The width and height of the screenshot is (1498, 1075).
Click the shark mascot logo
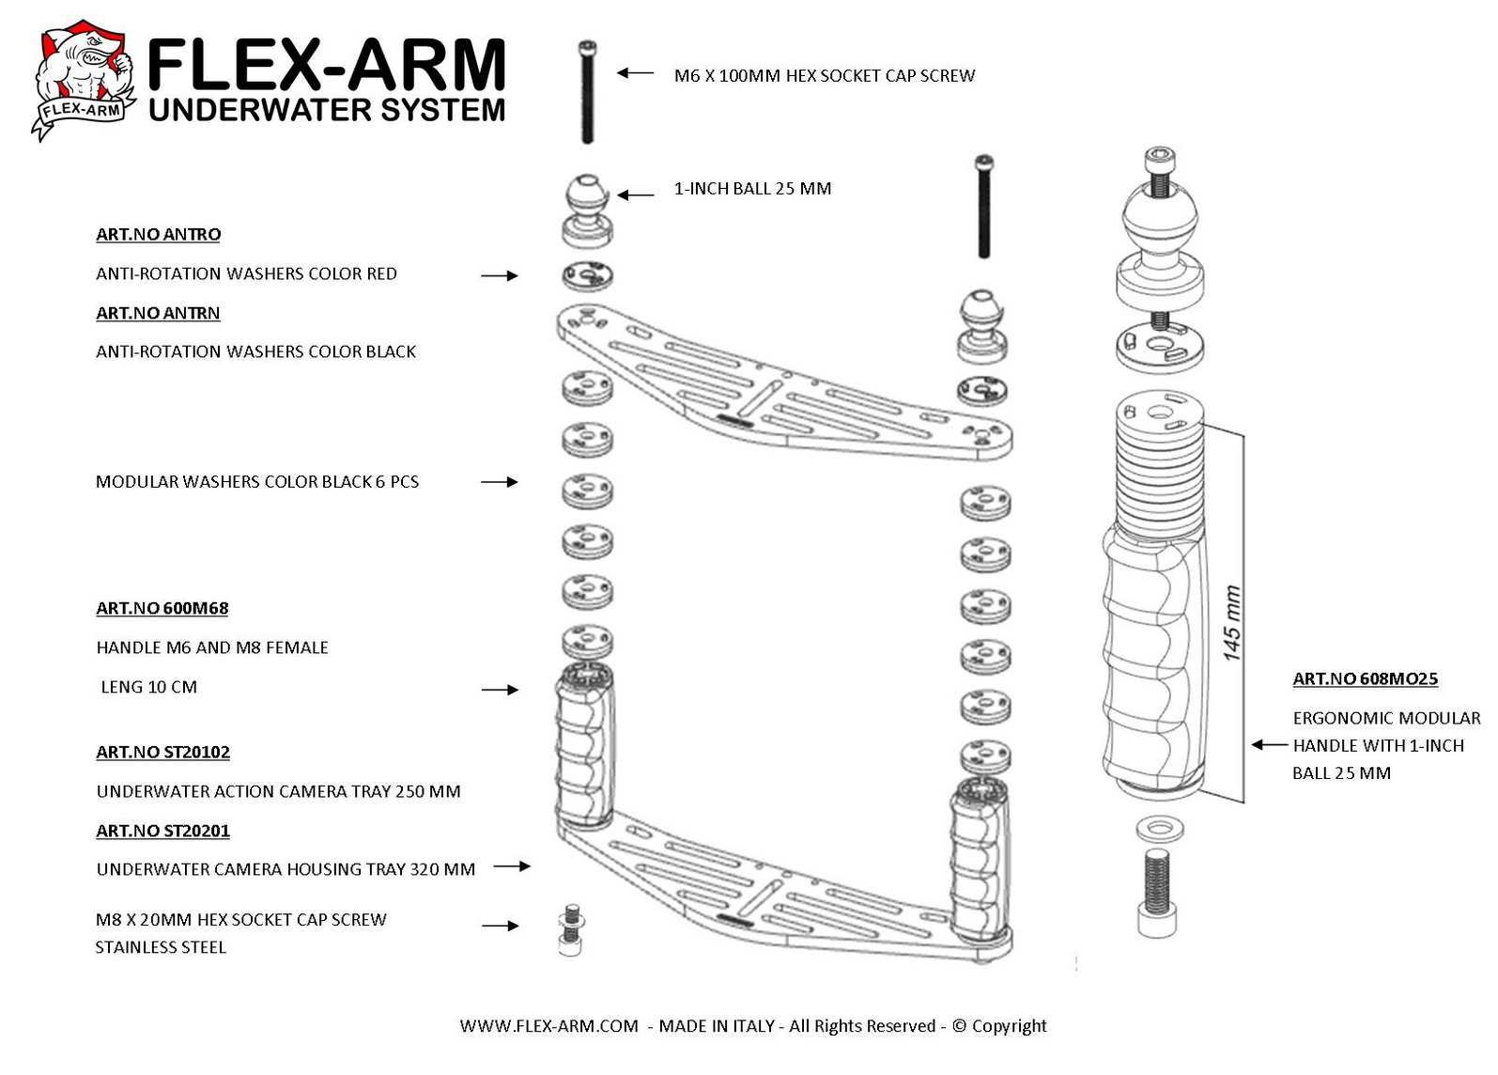tap(84, 79)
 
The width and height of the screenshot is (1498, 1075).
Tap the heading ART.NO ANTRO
tap(158, 234)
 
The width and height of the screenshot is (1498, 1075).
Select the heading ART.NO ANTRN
tap(158, 313)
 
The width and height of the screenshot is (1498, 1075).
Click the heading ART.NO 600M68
tap(162, 608)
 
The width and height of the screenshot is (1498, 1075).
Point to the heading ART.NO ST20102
tap(163, 752)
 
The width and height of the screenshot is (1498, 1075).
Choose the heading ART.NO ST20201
tap(163, 831)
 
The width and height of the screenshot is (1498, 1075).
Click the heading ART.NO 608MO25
tap(1365, 678)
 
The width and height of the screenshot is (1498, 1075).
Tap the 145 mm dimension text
tap(1231, 623)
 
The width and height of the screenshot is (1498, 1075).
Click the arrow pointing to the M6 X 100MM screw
tap(635, 73)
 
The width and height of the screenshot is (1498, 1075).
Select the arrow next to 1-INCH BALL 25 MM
tap(635, 195)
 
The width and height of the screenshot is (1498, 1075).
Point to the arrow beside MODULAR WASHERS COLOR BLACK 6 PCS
tap(500, 482)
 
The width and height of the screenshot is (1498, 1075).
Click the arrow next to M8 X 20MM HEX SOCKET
tap(501, 926)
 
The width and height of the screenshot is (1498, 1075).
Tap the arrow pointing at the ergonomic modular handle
tap(1269, 744)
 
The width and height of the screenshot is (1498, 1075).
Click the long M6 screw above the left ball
tap(587, 92)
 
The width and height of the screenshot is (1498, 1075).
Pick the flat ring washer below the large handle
tap(1160, 830)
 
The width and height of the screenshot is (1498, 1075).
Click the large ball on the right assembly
tap(1160, 217)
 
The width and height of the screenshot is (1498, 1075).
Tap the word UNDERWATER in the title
tap(259, 110)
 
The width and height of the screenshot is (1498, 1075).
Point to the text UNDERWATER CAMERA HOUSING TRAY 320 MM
tap(286, 869)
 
